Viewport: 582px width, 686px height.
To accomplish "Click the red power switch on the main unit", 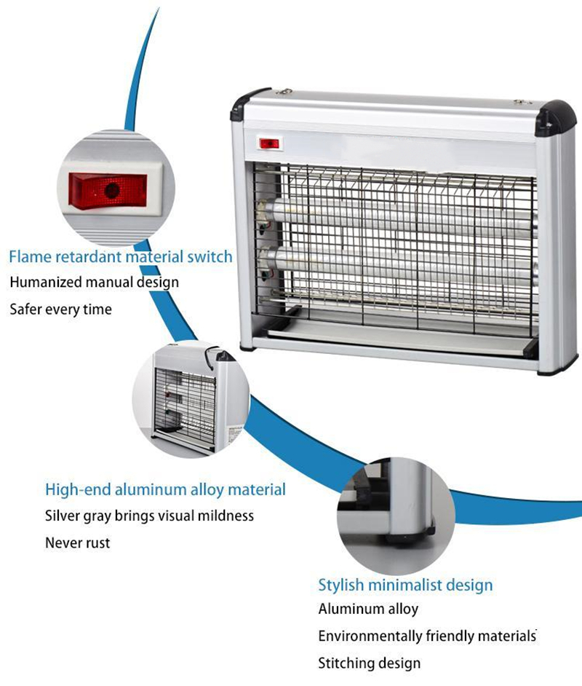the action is [x=269, y=143].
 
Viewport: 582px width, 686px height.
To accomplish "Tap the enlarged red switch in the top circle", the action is [x=108, y=190].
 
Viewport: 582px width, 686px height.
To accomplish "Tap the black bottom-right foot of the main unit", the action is [x=551, y=370].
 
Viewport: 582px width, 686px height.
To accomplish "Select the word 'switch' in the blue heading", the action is [x=210, y=256].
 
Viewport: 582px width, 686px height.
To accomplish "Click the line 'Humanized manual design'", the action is [x=94, y=282].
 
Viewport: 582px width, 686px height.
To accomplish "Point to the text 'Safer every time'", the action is [x=60, y=310].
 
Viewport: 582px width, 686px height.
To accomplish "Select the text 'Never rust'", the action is [x=78, y=543].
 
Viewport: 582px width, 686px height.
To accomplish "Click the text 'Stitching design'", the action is [x=370, y=663].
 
